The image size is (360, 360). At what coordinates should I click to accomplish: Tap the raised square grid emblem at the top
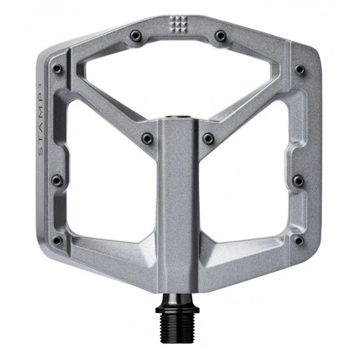(x=179, y=23)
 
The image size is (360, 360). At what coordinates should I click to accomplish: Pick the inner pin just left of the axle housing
(x=147, y=138)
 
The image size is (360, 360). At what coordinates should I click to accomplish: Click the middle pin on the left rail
(x=56, y=181)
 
